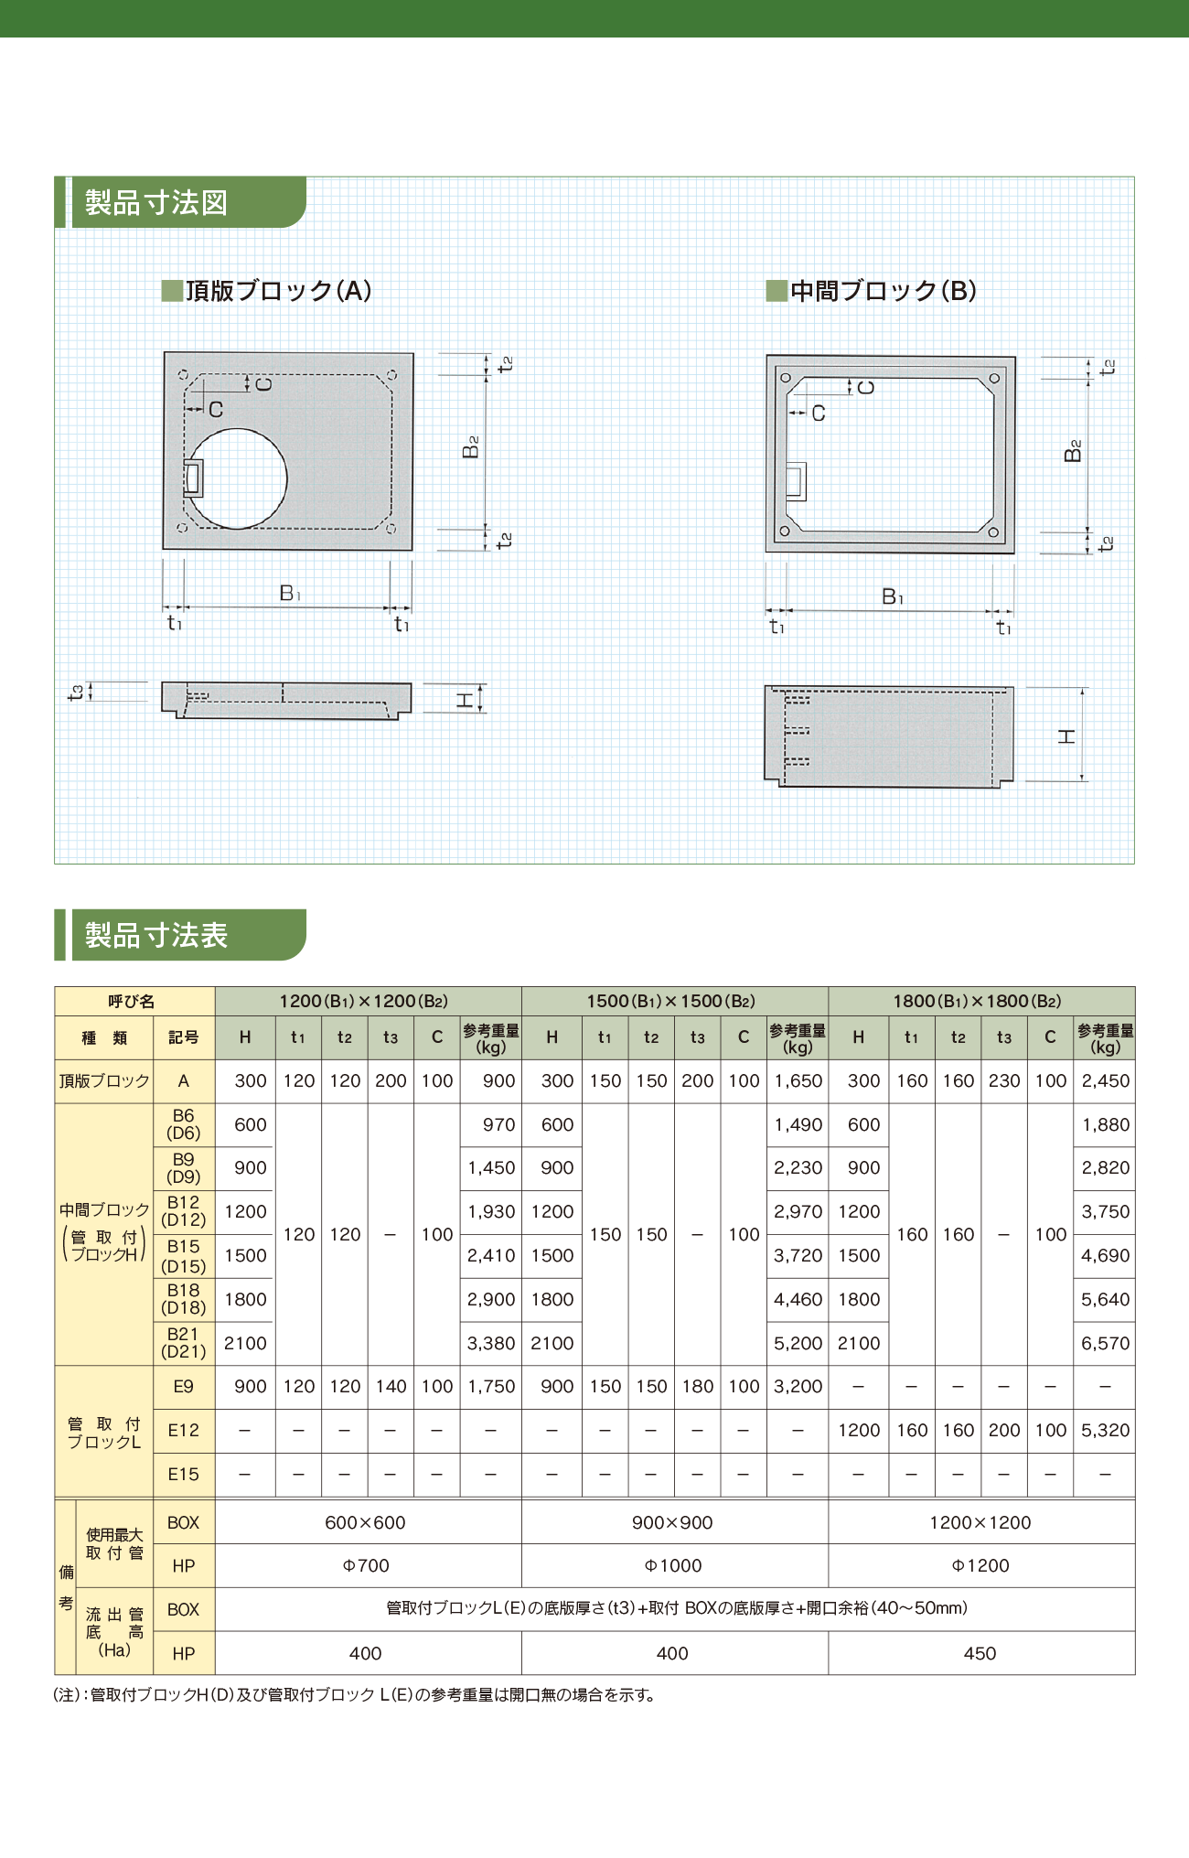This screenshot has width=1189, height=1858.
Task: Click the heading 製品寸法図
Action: click(x=156, y=202)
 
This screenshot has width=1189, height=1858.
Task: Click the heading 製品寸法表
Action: click(x=156, y=935)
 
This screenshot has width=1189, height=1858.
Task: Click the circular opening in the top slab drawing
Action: click(x=237, y=478)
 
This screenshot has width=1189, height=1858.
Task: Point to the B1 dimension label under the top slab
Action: click(x=290, y=594)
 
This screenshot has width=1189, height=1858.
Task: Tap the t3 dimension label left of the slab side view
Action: click(x=77, y=693)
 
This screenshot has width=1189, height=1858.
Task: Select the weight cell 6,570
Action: click(x=1106, y=1343)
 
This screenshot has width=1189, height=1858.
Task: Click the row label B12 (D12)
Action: click(x=184, y=1211)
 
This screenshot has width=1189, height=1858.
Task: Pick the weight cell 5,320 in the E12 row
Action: click(x=1106, y=1430)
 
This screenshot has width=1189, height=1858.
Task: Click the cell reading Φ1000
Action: click(x=674, y=1565)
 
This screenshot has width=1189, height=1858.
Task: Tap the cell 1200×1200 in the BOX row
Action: click(x=980, y=1522)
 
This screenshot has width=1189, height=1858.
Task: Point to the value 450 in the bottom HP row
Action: click(x=980, y=1653)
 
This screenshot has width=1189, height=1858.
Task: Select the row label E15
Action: click(x=184, y=1474)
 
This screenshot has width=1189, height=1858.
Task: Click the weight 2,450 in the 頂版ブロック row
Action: click(x=1106, y=1080)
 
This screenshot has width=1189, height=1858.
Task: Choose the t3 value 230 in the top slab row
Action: click(x=1004, y=1080)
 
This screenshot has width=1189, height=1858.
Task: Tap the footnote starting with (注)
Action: click(x=356, y=1695)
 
